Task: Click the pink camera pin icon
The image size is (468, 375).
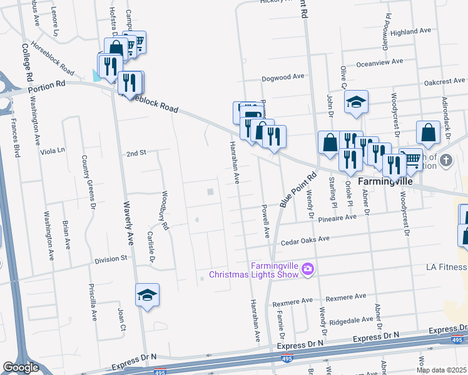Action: tap(307, 269)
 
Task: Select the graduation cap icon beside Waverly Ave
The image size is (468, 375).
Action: tap(147, 295)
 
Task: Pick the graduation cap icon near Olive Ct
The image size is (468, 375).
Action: tap(356, 102)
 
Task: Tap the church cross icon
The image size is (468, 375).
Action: tap(446, 161)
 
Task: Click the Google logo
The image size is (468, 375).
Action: tap(21, 367)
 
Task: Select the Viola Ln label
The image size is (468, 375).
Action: tap(52, 151)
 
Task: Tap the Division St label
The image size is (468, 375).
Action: tap(111, 257)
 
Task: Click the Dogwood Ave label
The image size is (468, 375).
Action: tap(282, 76)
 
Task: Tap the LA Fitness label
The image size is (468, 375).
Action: tap(447, 267)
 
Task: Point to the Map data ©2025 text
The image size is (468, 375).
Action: tap(442, 370)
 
